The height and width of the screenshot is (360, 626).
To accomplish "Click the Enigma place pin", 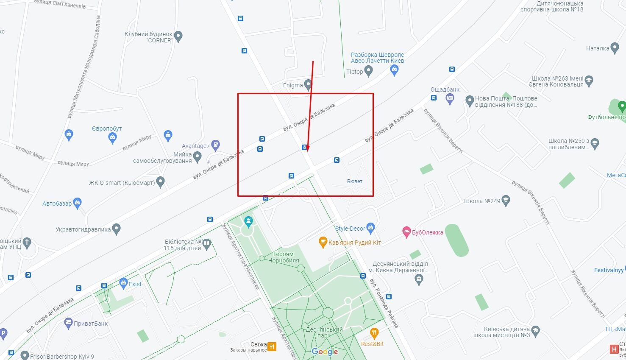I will pos(308,85).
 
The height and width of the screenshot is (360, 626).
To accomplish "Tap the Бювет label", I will pos(354,181).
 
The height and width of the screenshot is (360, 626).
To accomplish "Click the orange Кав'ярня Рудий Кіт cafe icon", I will pos(323,243).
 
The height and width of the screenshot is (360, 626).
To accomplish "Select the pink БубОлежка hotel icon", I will pos(406,232).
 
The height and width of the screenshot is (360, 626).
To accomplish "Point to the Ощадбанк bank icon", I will pos(450,99).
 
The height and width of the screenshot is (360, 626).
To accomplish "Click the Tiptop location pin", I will pos(368,72).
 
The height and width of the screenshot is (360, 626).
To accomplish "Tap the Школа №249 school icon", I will pos(505,201).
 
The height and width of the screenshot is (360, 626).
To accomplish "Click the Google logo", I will pos(325,352).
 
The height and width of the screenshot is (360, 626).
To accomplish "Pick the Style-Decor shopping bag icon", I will pos(371,228).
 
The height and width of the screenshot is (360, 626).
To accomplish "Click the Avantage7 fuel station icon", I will pos(215,145).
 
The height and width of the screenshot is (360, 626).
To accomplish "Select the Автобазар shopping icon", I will pos(77,203).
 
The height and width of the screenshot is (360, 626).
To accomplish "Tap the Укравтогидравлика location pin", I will pos(117,229).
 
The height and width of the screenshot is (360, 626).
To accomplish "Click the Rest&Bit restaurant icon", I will pos(374,333).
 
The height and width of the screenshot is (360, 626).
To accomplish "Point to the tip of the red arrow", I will pos(308,151).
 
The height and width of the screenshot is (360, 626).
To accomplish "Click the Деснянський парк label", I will pos(323,332).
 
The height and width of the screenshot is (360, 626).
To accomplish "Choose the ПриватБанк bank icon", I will pos(68,323).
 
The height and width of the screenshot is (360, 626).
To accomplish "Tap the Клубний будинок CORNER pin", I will pos(178,36).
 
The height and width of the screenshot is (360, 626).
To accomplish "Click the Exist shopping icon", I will pos(123,283).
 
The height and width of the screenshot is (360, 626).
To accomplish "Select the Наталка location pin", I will pos(615,48).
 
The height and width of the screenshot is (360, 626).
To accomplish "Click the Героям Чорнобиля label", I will pos(284,257).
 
